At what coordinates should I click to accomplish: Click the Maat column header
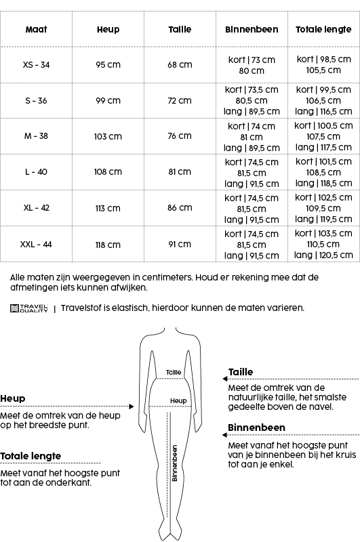pos(36,30)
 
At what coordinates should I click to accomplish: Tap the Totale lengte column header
pos(323,30)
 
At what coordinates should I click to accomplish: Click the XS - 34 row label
pos(36,65)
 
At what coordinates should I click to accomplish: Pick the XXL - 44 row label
pos(36,245)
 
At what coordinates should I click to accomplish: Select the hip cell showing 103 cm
pos(108,137)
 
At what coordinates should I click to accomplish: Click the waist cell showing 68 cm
pos(180,65)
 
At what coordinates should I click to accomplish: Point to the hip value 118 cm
pos(108,245)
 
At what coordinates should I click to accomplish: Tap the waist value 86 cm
pos(180,209)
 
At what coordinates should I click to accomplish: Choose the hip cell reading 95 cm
pos(108,65)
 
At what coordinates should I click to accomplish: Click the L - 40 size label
pos(36,172)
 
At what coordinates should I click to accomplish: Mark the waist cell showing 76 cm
pos(180,137)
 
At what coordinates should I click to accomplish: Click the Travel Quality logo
pos(29,308)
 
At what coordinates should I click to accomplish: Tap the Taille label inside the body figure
pos(174,373)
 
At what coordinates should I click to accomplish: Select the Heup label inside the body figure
pos(178,401)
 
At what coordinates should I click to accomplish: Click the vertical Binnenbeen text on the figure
pos(174,463)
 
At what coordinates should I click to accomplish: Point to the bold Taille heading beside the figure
pos(241,372)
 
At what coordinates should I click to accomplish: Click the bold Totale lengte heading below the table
pos(31,456)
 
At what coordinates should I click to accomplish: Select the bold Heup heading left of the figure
pos(12,399)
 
